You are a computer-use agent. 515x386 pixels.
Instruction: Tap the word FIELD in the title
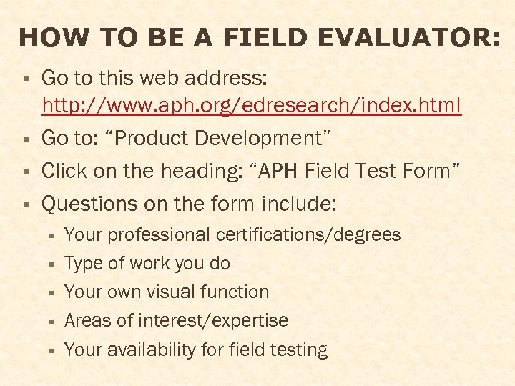[x=266, y=38]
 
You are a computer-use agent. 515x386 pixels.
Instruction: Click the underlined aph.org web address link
[x=252, y=107]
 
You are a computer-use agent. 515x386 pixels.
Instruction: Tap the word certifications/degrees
[x=308, y=234]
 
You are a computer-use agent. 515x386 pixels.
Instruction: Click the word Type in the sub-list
[x=84, y=264]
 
